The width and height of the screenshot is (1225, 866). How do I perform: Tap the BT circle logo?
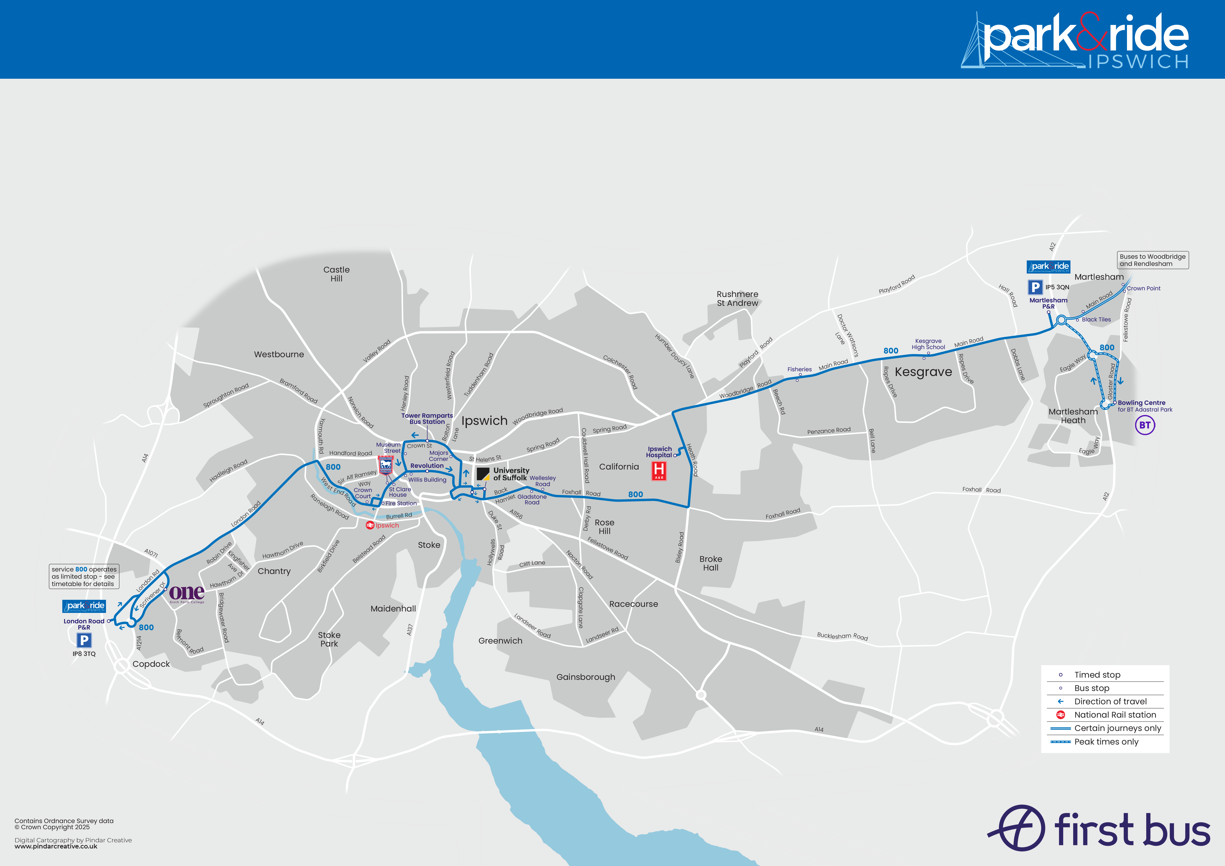1145,425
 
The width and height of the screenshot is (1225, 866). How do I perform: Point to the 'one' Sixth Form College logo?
187,593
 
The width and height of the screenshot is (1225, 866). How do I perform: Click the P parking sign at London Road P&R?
84,640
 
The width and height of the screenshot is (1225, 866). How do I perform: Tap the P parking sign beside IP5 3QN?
1035,287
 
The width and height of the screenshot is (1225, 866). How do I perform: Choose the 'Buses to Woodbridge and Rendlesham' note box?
1152,260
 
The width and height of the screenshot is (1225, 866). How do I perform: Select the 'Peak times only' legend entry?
1106,742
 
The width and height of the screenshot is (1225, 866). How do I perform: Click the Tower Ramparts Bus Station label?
427,419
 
